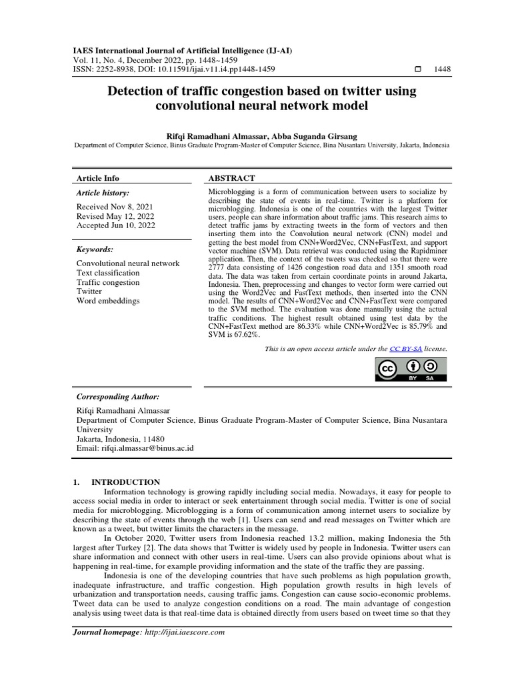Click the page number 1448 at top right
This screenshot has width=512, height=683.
click(x=443, y=69)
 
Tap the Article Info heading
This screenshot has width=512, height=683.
click(x=98, y=178)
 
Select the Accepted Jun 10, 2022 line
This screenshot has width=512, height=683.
click(x=116, y=225)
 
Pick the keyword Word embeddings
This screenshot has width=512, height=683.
click(x=108, y=301)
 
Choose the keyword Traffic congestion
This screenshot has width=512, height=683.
click(x=108, y=282)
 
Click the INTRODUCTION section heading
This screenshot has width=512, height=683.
click(x=125, y=482)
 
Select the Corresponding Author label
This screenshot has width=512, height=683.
click(x=118, y=396)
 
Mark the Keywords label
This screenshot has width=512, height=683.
click(x=95, y=249)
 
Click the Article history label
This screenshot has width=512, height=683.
click(x=103, y=193)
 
